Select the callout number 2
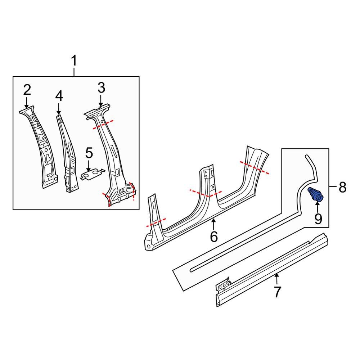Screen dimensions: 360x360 (27, 90)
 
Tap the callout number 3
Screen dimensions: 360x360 (101, 87)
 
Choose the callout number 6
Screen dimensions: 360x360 (214, 237)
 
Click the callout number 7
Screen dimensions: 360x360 (276, 292)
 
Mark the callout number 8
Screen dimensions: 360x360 (342, 187)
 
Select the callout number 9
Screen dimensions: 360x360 (318, 219)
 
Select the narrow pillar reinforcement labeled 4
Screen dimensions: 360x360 (68, 155)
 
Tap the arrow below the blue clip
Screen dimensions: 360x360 (318, 206)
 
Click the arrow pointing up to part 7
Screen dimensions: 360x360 (276, 279)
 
